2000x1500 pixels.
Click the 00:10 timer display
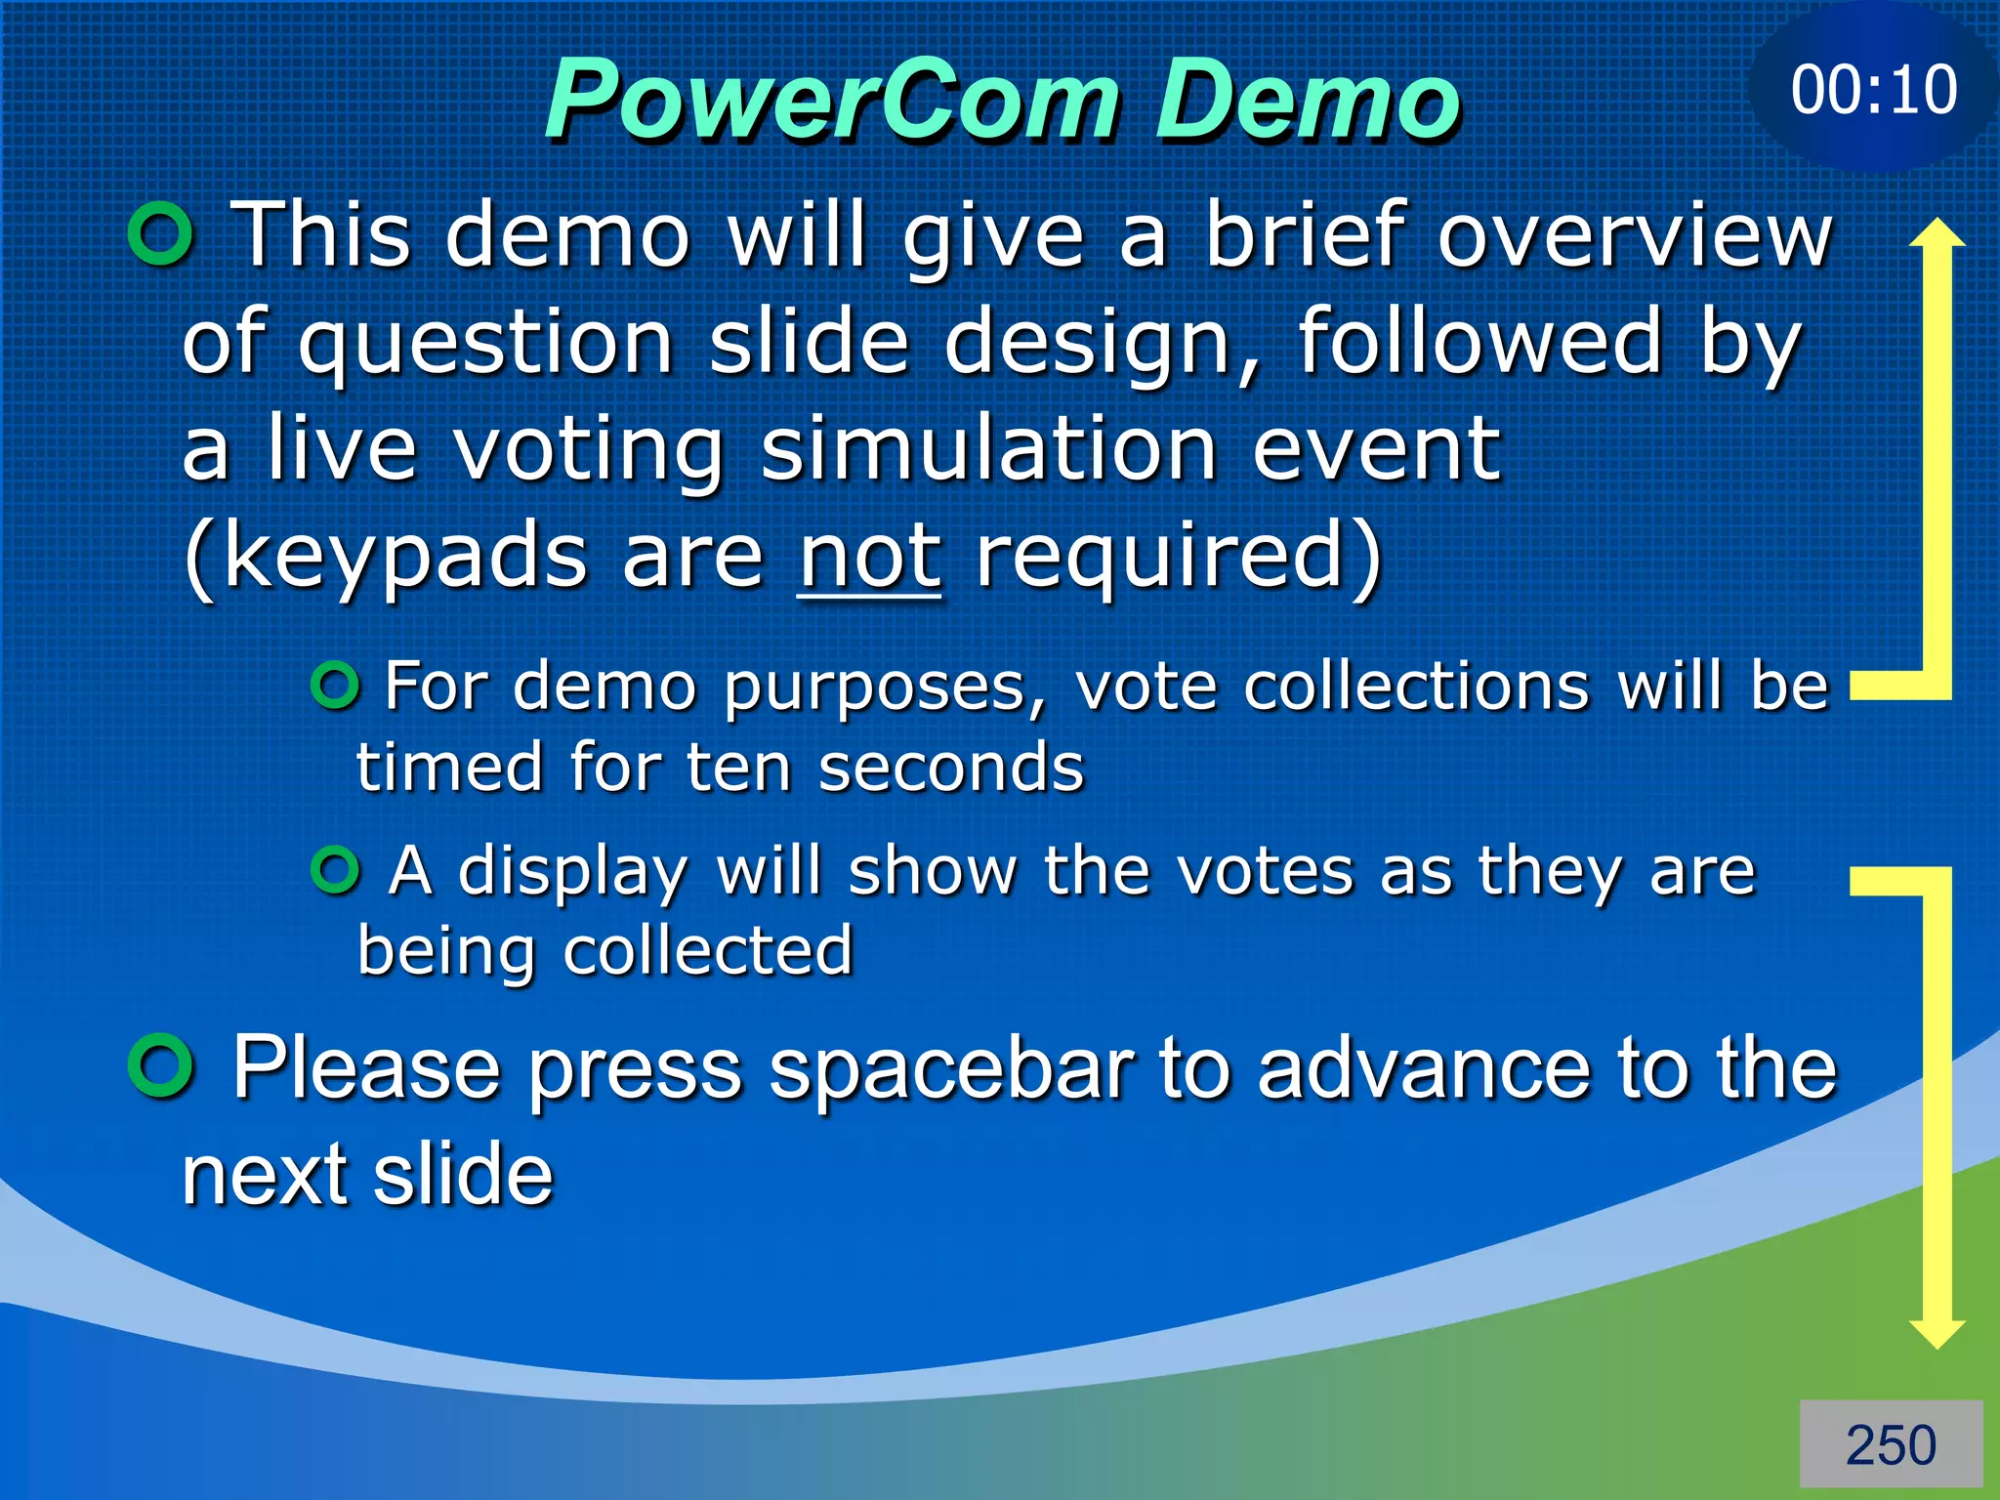pos(1873,90)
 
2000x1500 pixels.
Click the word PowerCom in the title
pos(832,100)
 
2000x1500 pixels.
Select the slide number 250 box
pos(1891,1444)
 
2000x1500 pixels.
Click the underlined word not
pos(869,557)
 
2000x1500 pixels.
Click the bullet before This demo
pos(161,234)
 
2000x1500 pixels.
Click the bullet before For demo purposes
pos(336,686)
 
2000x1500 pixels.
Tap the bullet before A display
pos(336,869)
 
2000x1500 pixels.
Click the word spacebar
pos(951,1068)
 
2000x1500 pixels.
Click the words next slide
pos(367,1174)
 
